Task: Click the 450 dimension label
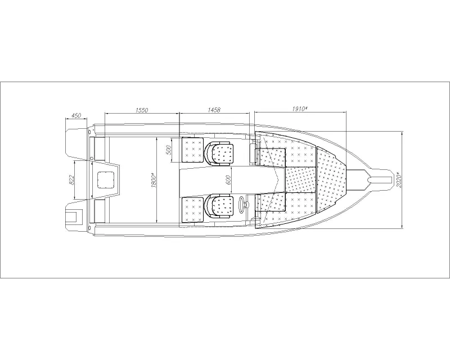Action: [x=76, y=115]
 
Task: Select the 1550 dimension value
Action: [x=142, y=110]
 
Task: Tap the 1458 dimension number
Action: [x=214, y=110]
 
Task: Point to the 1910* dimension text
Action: [x=300, y=109]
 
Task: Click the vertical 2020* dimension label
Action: [x=399, y=179]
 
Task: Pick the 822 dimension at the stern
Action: [x=72, y=180]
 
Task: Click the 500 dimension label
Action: [x=169, y=150]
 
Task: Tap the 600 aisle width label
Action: [x=229, y=180]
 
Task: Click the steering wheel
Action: [x=243, y=204]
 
